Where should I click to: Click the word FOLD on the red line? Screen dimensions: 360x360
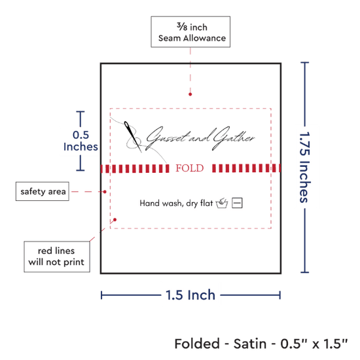pos(190,168)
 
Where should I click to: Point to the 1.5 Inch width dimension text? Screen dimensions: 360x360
pos(190,295)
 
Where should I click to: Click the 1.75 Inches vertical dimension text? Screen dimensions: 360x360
pos(305,168)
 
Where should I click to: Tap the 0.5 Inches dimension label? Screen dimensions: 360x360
pos(81,141)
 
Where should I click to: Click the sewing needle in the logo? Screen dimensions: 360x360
pos(133,137)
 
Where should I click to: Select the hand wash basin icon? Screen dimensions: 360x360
pos(222,203)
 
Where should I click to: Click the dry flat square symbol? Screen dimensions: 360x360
pos(237,203)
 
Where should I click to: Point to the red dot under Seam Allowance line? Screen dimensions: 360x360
pos(190,94)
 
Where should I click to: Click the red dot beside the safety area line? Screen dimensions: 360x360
pos(105,192)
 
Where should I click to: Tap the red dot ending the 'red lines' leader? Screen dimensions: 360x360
pos(115,220)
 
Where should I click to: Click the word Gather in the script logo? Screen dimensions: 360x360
pos(233,137)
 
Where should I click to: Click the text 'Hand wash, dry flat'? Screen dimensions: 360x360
pos(176,203)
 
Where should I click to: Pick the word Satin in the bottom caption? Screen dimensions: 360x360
pos(250,344)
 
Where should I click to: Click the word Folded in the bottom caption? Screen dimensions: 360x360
pos(197,344)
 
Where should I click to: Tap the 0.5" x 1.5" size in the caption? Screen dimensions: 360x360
pos(314,344)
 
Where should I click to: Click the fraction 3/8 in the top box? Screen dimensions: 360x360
pos(182,27)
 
